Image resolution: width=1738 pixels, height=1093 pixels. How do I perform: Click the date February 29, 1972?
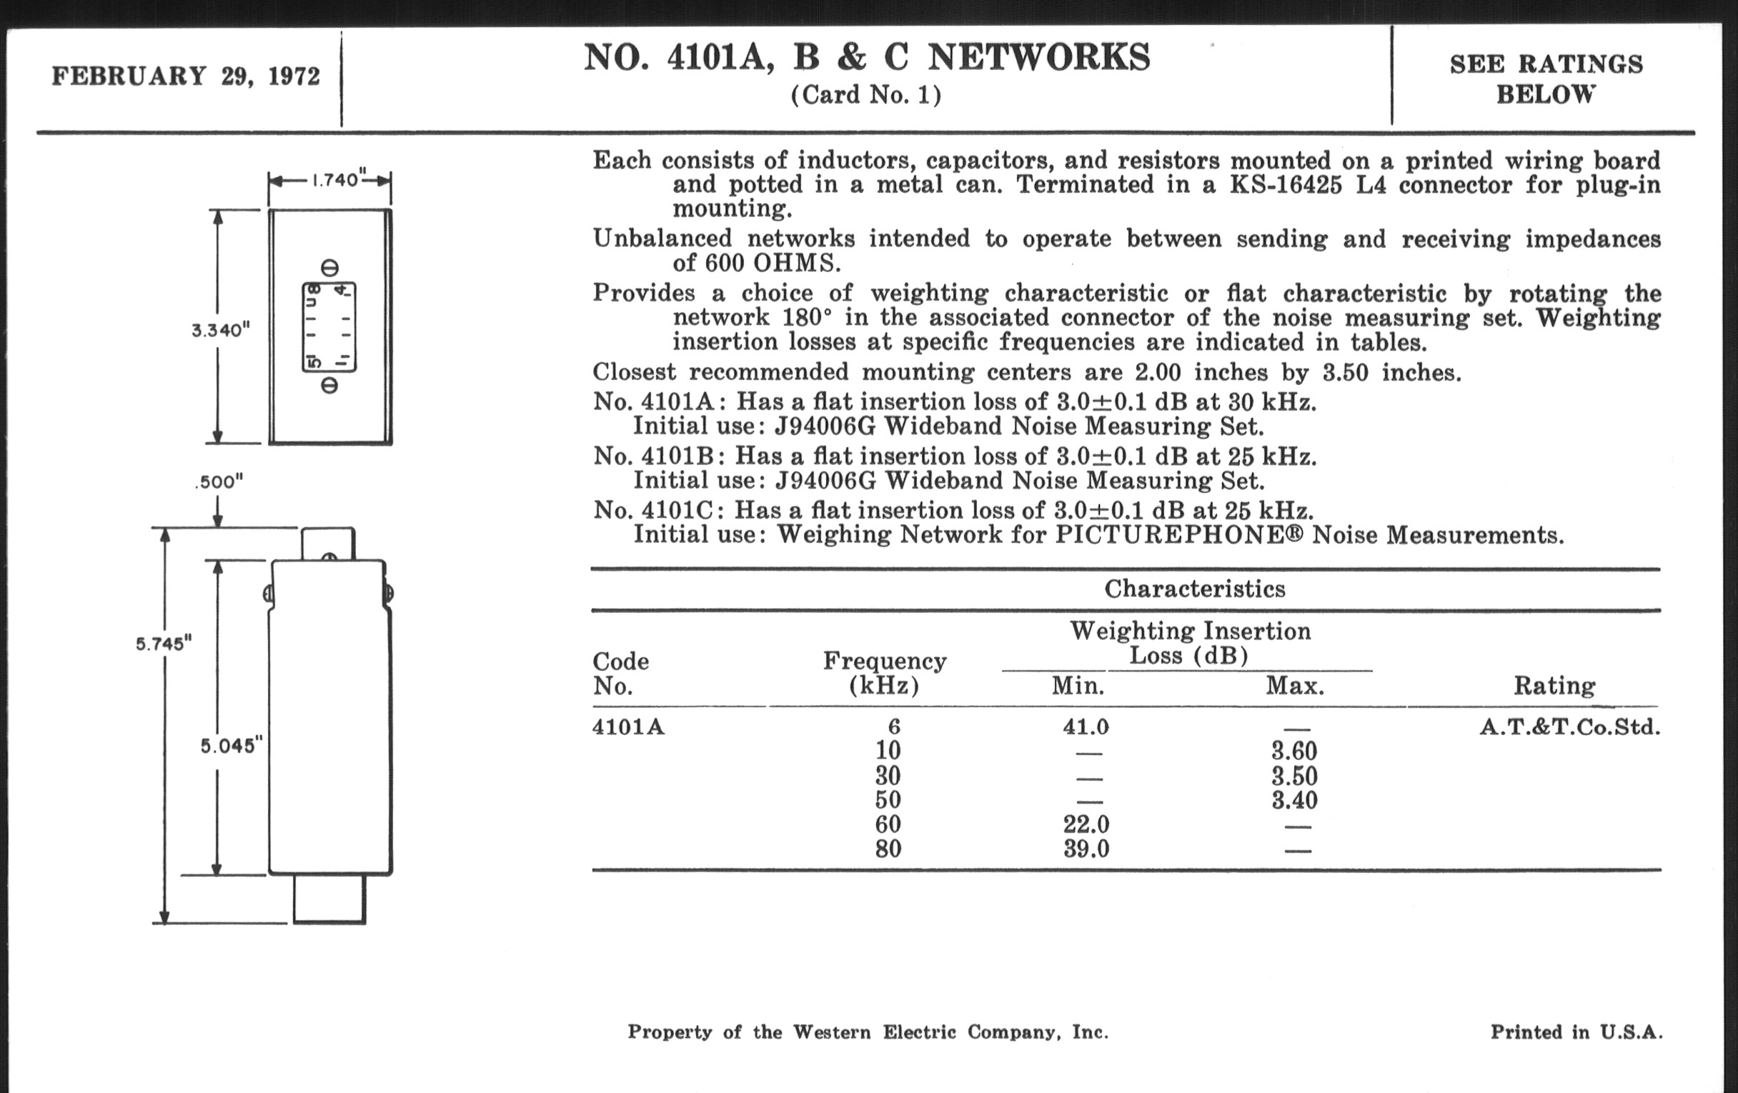click(186, 76)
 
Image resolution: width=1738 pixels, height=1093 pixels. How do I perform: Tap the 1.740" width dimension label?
click(336, 179)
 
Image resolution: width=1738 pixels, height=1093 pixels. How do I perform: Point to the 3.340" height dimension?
click(220, 331)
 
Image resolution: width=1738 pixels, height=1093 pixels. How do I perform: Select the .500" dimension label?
click(219, 482)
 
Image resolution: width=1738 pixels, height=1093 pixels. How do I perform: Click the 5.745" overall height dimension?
click(164, 644)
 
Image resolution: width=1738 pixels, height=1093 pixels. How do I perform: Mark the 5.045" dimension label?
click(229, 746)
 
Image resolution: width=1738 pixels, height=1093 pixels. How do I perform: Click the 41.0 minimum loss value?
click(1085, 727)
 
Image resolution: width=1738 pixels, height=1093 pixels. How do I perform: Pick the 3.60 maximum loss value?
click(1294, 751)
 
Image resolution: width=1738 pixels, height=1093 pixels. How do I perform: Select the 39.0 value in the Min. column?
click(1086, 849)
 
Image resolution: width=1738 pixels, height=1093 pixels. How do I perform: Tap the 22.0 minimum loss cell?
click(1086, 824)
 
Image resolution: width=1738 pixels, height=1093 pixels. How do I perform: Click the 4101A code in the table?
click(628, 727)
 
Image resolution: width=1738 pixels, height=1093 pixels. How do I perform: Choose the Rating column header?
click(1554, 685)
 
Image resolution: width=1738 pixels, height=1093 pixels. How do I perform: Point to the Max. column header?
click(1295, 685)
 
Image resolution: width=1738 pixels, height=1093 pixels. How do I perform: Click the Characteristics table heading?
click(1194, 589)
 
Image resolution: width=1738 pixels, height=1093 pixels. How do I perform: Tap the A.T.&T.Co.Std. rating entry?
click(1570, 727)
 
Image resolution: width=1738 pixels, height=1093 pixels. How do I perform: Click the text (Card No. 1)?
click(866, 95)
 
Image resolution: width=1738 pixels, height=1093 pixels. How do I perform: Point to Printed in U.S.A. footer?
click(1576, 1032)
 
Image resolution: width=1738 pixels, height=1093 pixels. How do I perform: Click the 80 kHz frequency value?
click(888, 849)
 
